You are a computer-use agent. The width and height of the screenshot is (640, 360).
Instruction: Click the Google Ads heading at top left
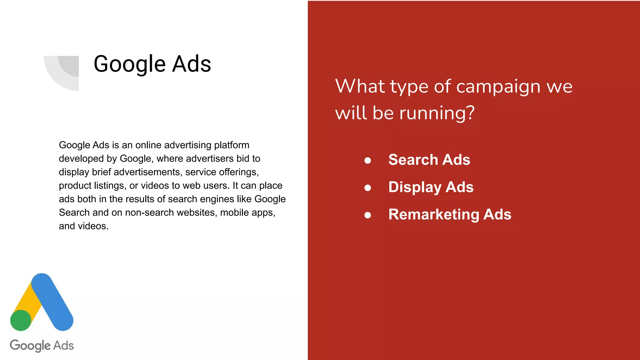coord(152,64)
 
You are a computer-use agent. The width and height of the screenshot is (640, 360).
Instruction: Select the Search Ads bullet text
coord(429,160)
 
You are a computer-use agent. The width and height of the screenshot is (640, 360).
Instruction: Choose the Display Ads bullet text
coord(431,187)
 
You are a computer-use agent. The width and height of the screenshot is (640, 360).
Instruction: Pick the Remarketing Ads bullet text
coord(450,214)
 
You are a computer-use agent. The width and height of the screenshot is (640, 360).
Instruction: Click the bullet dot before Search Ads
coord(367,161)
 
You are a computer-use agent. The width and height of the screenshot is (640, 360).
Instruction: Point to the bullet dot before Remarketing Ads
coord(367,215)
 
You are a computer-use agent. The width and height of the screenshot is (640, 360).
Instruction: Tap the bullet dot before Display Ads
coord(367,188)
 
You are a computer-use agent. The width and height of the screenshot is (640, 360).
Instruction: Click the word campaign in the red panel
coord(498,87)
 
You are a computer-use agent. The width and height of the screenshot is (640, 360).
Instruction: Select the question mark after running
coord(470,113)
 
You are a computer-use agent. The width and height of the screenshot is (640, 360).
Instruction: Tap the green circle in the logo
coord(21,320)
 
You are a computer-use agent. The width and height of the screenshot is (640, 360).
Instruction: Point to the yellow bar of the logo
coord(26,297)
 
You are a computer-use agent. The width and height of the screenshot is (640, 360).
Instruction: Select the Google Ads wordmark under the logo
coord(42,346)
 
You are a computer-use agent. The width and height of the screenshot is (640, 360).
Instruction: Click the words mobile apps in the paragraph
coord(247,212)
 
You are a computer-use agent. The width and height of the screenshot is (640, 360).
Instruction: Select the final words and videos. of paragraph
coord(83,226)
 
